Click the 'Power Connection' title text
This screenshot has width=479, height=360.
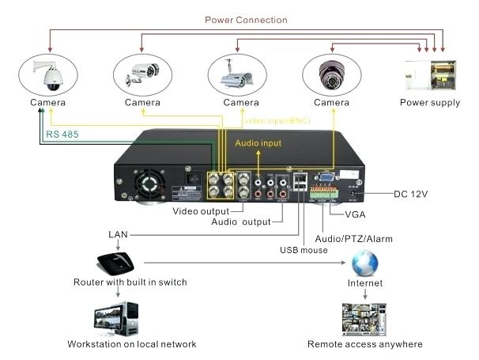point(246,20)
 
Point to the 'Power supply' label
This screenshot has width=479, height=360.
point(429,103)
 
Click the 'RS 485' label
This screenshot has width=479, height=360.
point(62,135)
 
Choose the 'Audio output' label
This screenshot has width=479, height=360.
point(240,222)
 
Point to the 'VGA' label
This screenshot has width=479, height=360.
point(356,214)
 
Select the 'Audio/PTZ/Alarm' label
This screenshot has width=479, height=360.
point(353,238)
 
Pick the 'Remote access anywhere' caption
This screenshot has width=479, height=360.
point(364,344)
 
